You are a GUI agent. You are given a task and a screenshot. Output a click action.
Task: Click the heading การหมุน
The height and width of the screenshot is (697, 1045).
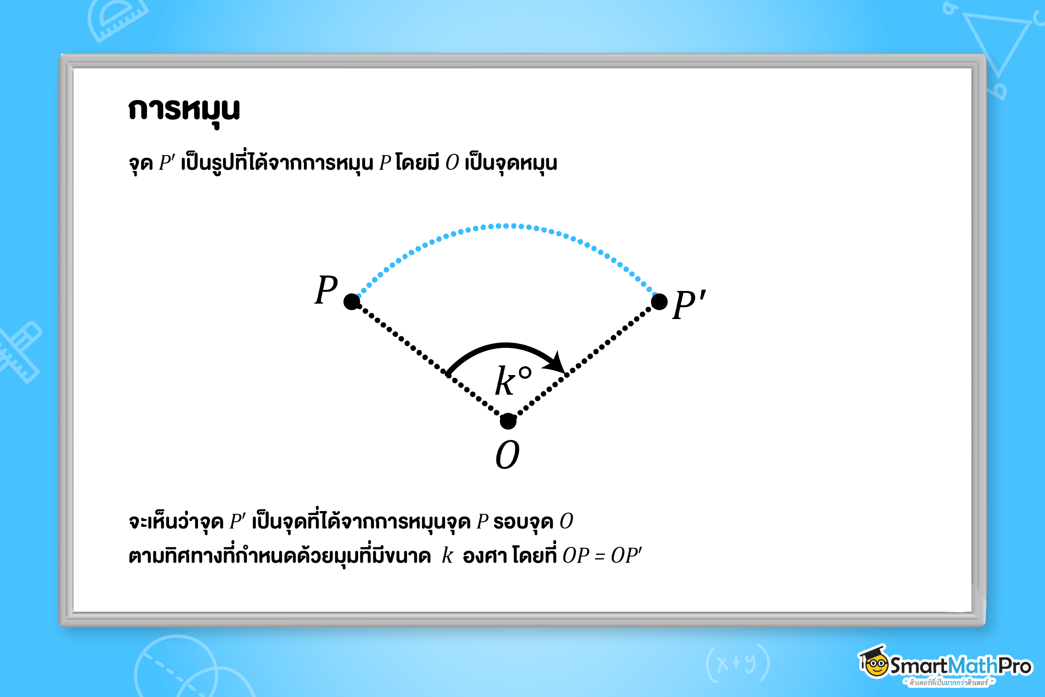[x=184, y=110]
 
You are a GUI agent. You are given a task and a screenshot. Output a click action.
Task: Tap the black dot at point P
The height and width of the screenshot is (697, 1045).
[x=352, y=302]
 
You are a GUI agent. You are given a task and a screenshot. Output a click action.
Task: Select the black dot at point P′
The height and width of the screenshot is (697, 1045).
[x=659, y=302]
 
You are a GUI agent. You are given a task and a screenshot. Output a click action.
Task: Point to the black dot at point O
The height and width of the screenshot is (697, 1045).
[x=508, y=421]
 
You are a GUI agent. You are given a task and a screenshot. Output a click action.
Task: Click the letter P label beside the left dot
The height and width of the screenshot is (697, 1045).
[x=326, y=290]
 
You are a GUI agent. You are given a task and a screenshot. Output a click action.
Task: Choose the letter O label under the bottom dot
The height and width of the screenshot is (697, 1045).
[x=507, y=455]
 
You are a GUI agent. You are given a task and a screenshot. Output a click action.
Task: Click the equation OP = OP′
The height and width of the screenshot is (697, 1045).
[x=602, y=556]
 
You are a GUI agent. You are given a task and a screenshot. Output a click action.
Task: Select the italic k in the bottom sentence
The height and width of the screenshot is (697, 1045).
[x=447, y=556]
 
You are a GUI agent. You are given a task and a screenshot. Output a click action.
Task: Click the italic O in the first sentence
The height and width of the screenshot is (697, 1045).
[x=452, y=163]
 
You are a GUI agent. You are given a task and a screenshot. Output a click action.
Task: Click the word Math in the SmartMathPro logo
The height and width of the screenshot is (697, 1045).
[x=973, y=666]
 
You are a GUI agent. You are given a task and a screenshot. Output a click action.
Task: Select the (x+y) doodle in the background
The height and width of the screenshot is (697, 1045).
[x=737, y=663]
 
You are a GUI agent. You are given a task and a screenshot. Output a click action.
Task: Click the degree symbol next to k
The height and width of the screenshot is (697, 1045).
[x=525, y=373]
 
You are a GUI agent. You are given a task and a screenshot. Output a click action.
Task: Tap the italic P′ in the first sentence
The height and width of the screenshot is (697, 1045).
[x=167, y=163]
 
